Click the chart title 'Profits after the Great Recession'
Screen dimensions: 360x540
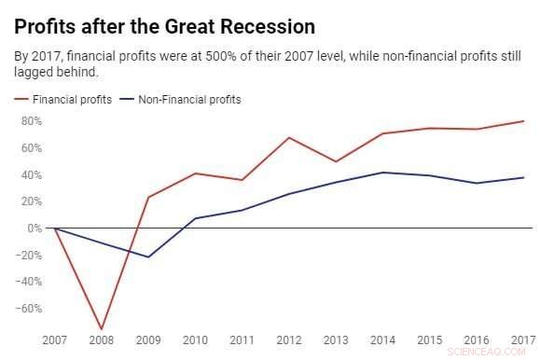pyautogui.click(x=164, y=25)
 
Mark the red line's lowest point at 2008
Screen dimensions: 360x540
pyautogui.click(x=101, y=329)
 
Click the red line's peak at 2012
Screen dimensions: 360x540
pyautogui.click(x=289, y=138)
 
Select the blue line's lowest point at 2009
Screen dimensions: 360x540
pyautogui.click(x=147, y=256)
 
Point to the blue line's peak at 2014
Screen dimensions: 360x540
pyautogui.click(x=382, y=173)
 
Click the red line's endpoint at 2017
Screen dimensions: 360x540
pyautogui.click(x=523, y=121)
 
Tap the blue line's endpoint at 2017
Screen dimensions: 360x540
pyautogui.click(x=523, y=177)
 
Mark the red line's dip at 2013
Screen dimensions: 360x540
pyautogui.click(x=336, y=161)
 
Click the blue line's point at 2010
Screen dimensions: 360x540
pyautogui.click(x=195, y=218)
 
